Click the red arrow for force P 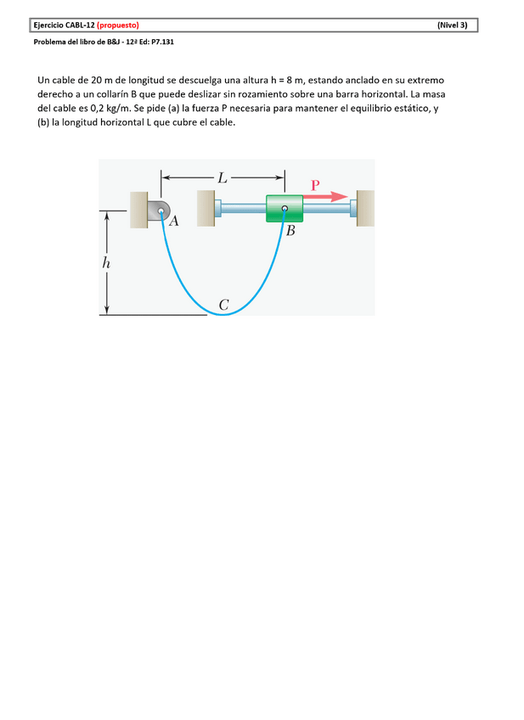[328, 196]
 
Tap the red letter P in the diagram [315, 184]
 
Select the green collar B [285, 209]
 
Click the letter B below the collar [290, 231]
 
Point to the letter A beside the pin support [173, 222]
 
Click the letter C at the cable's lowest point [223, 304]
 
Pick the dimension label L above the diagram [223, 178]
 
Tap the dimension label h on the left [106, 263]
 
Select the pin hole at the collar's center [285, 208]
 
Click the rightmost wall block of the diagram [366, 209]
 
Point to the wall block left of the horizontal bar [206, 209]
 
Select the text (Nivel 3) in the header [452, 25]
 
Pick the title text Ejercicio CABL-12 [64, 25]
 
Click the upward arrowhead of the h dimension [107, 217]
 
